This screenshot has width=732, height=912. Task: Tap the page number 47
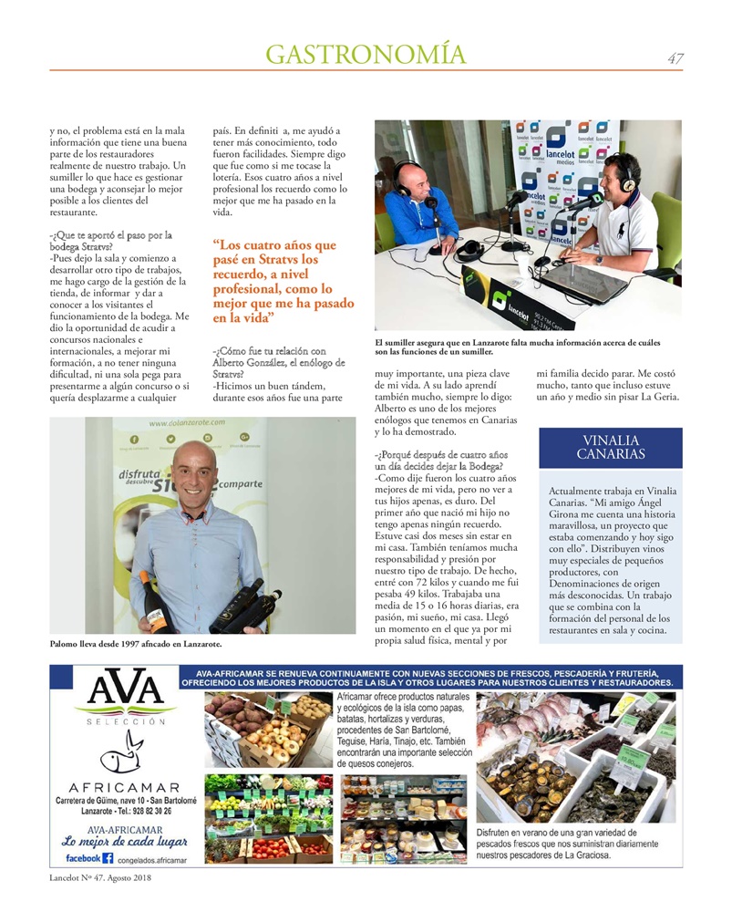[675, 58]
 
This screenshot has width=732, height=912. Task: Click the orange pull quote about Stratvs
[283, 282]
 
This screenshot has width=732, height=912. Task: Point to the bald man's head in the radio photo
[407, 173]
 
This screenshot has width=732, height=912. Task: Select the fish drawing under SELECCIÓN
[120, 754]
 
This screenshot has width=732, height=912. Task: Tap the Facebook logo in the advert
[108, 858]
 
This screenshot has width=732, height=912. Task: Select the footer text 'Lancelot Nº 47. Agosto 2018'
[100, 878]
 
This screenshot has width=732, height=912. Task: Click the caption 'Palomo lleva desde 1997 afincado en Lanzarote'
[137, 644]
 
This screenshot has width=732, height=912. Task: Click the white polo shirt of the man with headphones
[638, 227]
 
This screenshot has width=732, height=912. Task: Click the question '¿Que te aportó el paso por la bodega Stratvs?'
[111, 241]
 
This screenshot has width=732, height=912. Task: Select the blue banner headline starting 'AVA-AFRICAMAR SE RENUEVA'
[427, 676]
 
